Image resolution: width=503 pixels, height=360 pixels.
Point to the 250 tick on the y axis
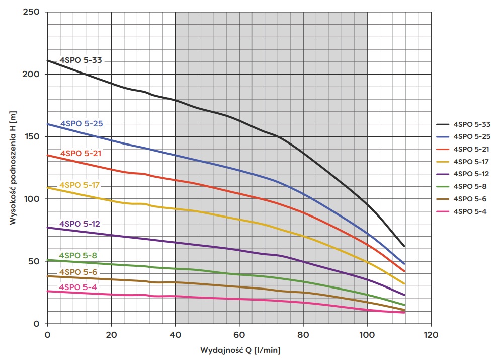(31, 12)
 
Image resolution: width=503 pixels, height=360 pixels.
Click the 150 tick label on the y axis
(31, 136)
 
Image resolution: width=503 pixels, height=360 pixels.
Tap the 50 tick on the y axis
(34, 261)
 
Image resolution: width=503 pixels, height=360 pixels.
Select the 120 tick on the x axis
(431, 334)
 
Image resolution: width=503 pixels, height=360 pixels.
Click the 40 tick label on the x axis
(175, 334)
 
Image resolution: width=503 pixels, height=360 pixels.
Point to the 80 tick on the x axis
(303, 334)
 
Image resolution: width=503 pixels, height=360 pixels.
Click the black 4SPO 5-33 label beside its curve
(81, 60)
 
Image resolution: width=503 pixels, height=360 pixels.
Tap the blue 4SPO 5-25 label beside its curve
(81, 124)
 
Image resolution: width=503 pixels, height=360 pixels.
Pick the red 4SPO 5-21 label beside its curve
(81, 153)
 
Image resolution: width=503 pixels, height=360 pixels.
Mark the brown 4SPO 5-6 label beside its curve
(78, 272)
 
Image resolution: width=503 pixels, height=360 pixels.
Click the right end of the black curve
(404, 247)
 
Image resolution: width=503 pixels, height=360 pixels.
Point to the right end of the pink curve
(404, 313)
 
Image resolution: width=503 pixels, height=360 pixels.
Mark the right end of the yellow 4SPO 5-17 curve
(404, 284)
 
